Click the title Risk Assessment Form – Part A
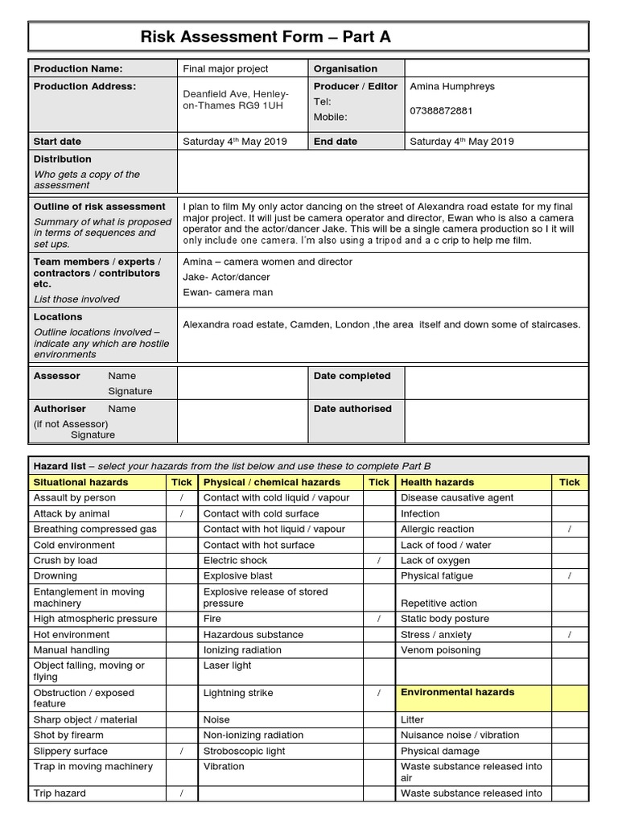tap(266, 37)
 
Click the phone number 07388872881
tap(442, 110)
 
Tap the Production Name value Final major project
tap(225, 69)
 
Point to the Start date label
tap(57, 142)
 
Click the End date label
tap(336, 142)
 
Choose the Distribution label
tap(63, 159)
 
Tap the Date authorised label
tap(352, 409)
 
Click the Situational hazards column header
tap(80, 482)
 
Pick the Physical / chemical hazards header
tap(272, 482)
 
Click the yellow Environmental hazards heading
tap(457, 692)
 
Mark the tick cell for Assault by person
tap(182, 498)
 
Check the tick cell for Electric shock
tap(378, 560)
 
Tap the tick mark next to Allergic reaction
tap(569, 529)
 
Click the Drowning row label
tap(56, 576)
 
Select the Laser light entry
tap(227, 665)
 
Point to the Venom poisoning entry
tap(440, 650)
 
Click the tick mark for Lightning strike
tap(378, 693)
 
